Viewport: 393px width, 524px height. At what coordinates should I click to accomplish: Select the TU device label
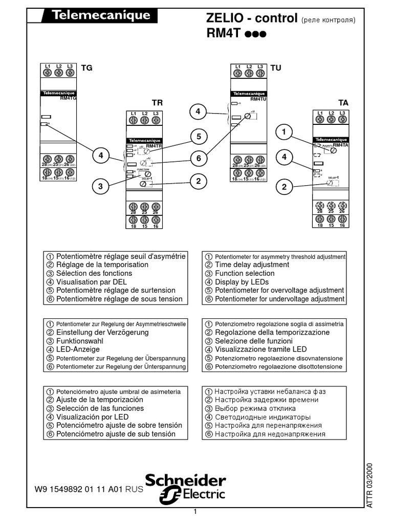tap(276, 67)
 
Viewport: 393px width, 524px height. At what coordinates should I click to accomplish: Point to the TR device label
tap(157, 102)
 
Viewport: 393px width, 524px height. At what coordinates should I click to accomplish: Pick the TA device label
tap(343, 102)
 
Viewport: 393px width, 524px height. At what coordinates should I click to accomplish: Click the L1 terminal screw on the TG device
tap(48, 73)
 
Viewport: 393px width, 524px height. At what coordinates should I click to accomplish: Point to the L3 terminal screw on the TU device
tap(260, 73)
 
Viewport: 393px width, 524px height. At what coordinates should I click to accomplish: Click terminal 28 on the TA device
tap(320, 205)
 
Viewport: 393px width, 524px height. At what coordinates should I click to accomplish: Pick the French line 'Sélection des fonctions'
tap(94, 273)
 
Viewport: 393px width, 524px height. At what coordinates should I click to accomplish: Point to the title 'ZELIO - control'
tap(251, 19)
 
